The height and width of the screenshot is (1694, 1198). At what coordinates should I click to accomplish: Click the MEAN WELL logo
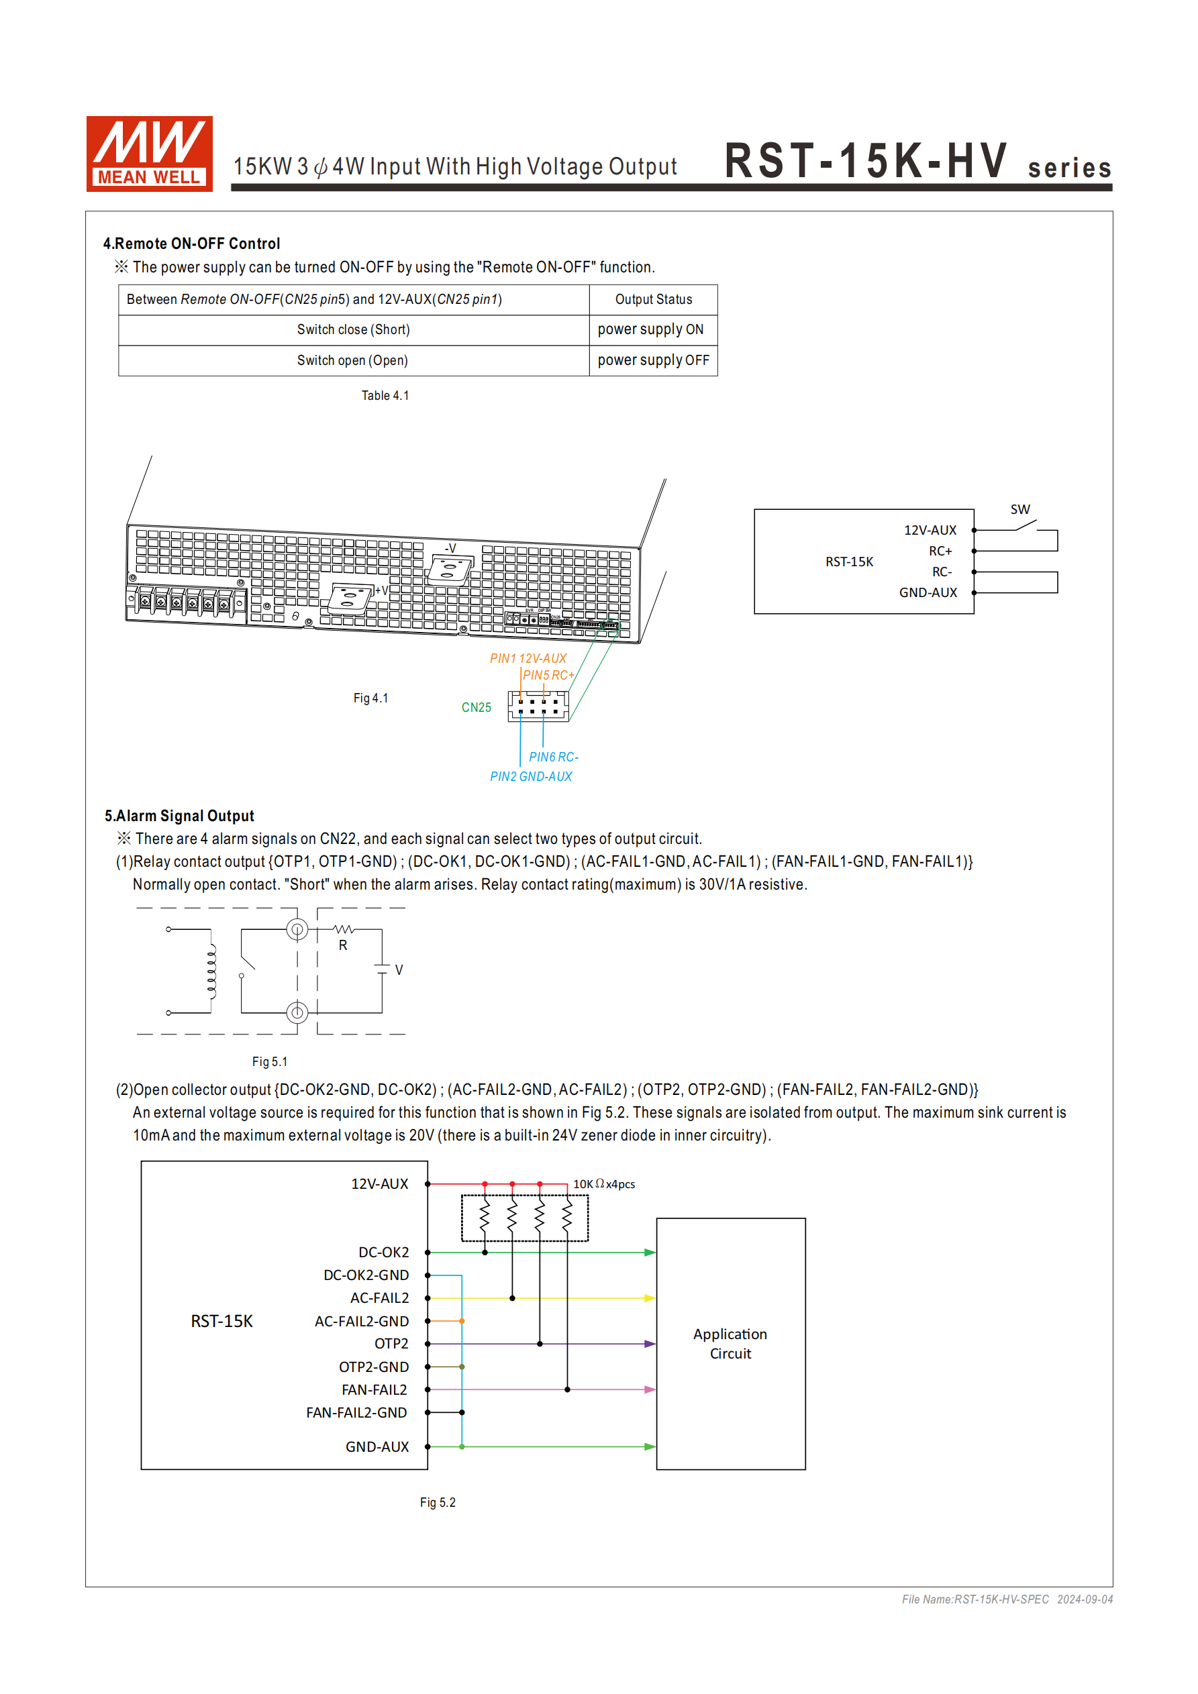click(149, 154)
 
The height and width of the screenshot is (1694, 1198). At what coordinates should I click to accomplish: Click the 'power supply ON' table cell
click(650, 330)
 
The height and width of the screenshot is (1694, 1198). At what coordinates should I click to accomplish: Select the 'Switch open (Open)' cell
click(353, 361)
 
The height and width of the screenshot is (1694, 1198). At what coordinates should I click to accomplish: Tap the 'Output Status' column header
click(653, 299)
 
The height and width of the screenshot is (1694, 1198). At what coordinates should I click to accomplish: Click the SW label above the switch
click(1019, 509)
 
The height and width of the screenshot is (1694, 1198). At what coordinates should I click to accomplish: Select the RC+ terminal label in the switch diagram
click(940, 551)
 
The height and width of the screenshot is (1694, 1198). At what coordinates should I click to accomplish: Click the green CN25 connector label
click(476, 708)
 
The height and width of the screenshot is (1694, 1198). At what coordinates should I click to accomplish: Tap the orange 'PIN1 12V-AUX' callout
click(528, 658)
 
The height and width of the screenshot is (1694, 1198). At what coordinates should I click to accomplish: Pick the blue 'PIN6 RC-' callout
click(553, 757)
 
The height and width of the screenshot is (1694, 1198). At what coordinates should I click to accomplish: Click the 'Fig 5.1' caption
click(269, 1062)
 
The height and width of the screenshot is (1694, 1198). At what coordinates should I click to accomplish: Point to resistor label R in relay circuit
click(342, 945)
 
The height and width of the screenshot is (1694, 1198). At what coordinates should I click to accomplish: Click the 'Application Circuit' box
click(730, 1344)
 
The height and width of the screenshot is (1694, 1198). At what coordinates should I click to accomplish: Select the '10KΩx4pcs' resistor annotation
click(603, 1184)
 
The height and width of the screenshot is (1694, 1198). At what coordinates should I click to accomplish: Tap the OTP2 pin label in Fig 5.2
click(391, 1344)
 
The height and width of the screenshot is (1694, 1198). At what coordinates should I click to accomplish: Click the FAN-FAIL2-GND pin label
click(356, 1413)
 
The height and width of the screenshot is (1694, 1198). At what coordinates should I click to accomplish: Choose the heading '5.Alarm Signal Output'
click(179, 816)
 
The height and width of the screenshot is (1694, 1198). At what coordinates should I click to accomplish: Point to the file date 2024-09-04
click(1085, 1599)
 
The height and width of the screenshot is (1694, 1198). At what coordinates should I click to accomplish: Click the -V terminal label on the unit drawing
click(450, 548)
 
